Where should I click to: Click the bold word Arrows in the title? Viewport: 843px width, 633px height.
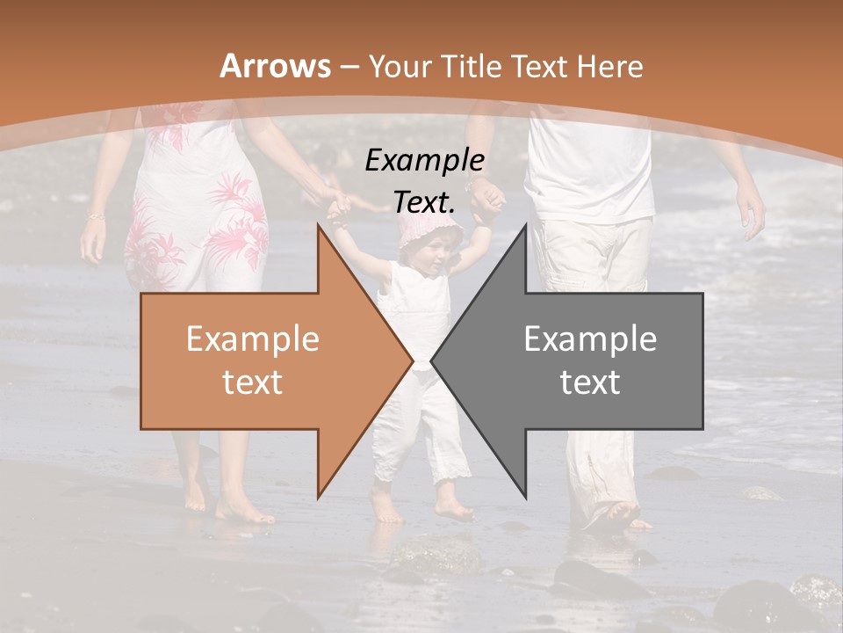click(x=276, y=66)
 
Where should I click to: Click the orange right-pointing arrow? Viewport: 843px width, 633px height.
click(x=263, y=360)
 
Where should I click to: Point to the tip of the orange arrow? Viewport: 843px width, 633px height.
click(x=411, y=360)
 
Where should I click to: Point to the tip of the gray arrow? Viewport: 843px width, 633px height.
click(x=433, y=360)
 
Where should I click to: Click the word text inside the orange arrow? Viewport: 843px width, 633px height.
click(x=252, y=382)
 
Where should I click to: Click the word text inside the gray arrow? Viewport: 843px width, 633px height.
click(x=590, y=382)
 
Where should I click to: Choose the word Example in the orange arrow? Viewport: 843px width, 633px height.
click(x=252, y=339)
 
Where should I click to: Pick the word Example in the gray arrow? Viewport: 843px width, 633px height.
click(x=590, y=338)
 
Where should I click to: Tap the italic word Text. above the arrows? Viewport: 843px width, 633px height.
click(x=424, y=202)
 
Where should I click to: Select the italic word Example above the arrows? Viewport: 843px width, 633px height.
click(x=424, y=161)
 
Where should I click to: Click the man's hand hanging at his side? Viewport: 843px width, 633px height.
click(x=751, y=211)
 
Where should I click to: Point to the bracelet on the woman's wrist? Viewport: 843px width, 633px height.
click(x=95, y=215)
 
